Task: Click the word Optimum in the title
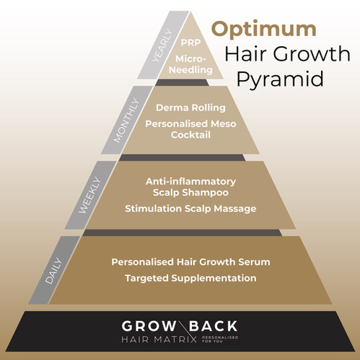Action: click(x=264, y=30)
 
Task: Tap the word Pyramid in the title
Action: click(x=278, y=79)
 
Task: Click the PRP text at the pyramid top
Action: click(x=191, y=42)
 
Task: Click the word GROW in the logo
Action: click(x=148, y=325)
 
